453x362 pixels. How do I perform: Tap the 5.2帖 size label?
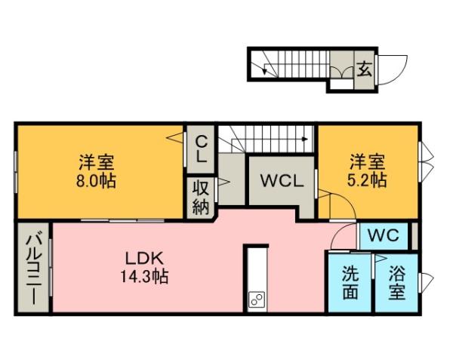368,181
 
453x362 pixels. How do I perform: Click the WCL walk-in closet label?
282,181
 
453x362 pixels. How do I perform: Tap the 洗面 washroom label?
350,283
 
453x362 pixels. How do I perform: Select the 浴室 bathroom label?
397,283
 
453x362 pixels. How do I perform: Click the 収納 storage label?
200,198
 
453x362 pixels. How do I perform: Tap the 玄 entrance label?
363,69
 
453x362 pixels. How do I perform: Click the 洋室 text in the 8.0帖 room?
96,162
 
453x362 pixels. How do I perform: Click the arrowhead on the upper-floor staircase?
304,139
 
